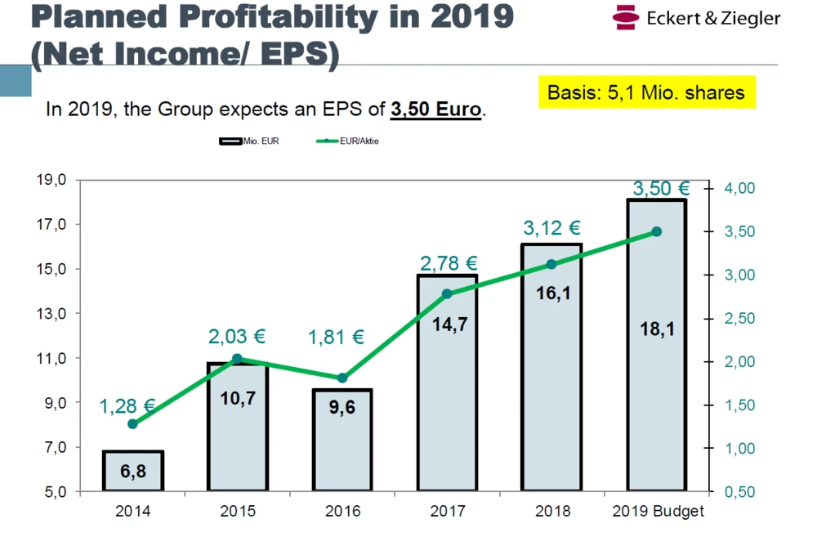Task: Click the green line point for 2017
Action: pyautogui.click(x=447, y=294)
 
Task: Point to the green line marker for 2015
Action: pyautogui.click(x=237, y=359)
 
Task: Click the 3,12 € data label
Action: pyautogui.click(x=551, y=228)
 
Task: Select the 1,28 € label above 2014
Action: pyautogui.click(x=127, y=405)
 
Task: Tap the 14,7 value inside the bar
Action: pyautogui.click(x=447, y=324)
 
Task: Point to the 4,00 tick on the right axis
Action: pyautogui.click(x=739, y=189)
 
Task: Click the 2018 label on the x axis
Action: pyautogui.click(x=552, y=512)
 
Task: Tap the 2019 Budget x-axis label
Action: pyautogui.click(x=658, y=512)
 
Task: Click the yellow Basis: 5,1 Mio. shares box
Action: pyautogui.click(x=646, y=92)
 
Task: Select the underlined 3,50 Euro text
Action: pyautogui.click(x=435, y=109)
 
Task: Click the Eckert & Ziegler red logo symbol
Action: pyautogui.click(x=626, y=17)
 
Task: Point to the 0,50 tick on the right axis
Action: pyautogui.click(x=739, y=492)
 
